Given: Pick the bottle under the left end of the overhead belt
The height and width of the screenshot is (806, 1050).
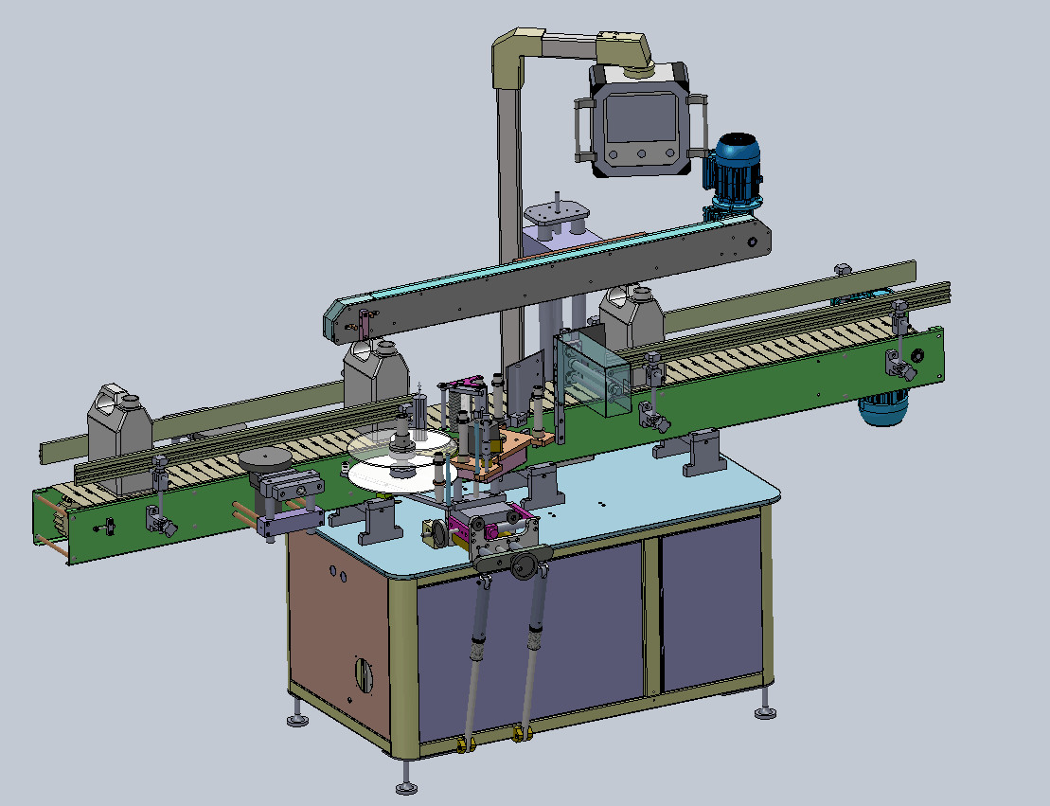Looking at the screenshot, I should click(375, 372).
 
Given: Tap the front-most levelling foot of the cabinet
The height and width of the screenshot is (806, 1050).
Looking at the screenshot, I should click(407, 786).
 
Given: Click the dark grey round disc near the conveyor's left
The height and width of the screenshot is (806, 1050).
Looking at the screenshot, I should click(265, 459).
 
